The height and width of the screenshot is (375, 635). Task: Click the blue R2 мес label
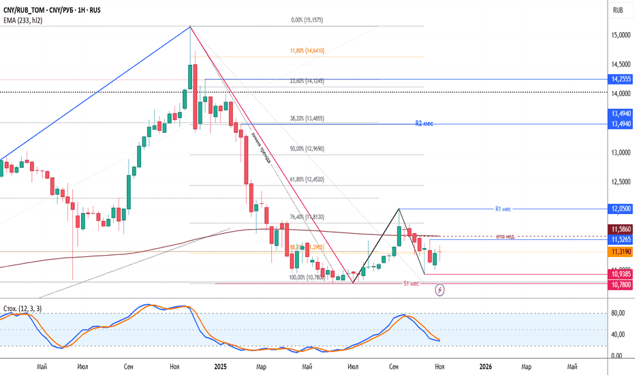click(x=424, y=124)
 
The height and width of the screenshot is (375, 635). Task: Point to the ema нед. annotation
click(x=505, y=236)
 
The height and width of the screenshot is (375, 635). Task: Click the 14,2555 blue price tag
click(x=618, y=79)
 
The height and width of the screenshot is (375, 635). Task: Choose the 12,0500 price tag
click(x=618, y=209)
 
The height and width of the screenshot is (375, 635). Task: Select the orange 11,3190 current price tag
click(x=618, y=252)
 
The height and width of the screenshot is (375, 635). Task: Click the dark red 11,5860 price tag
click(x=618, y=230)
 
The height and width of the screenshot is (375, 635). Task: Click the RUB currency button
click(x=618, y=10)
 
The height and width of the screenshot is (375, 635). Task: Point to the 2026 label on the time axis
click(x=485, y=367)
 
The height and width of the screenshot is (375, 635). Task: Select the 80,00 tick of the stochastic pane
click(x=618, y=313)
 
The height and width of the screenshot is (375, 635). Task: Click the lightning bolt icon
click(x=440, y=290)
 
